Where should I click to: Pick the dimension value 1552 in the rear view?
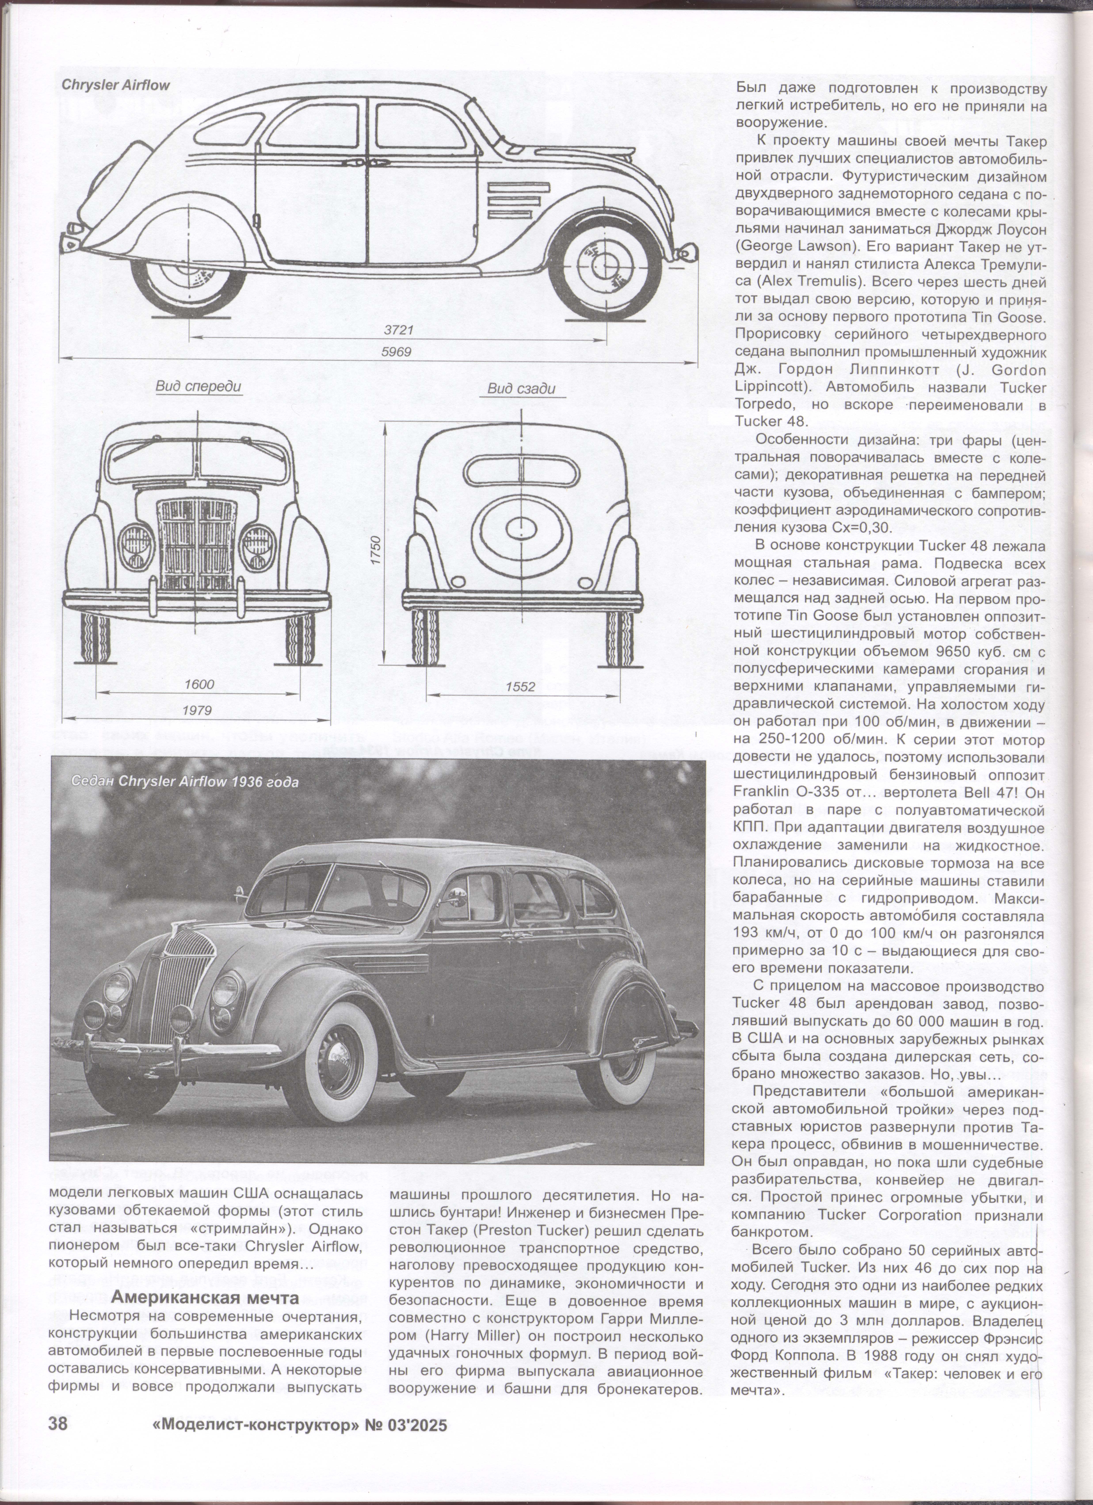(520, 687)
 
